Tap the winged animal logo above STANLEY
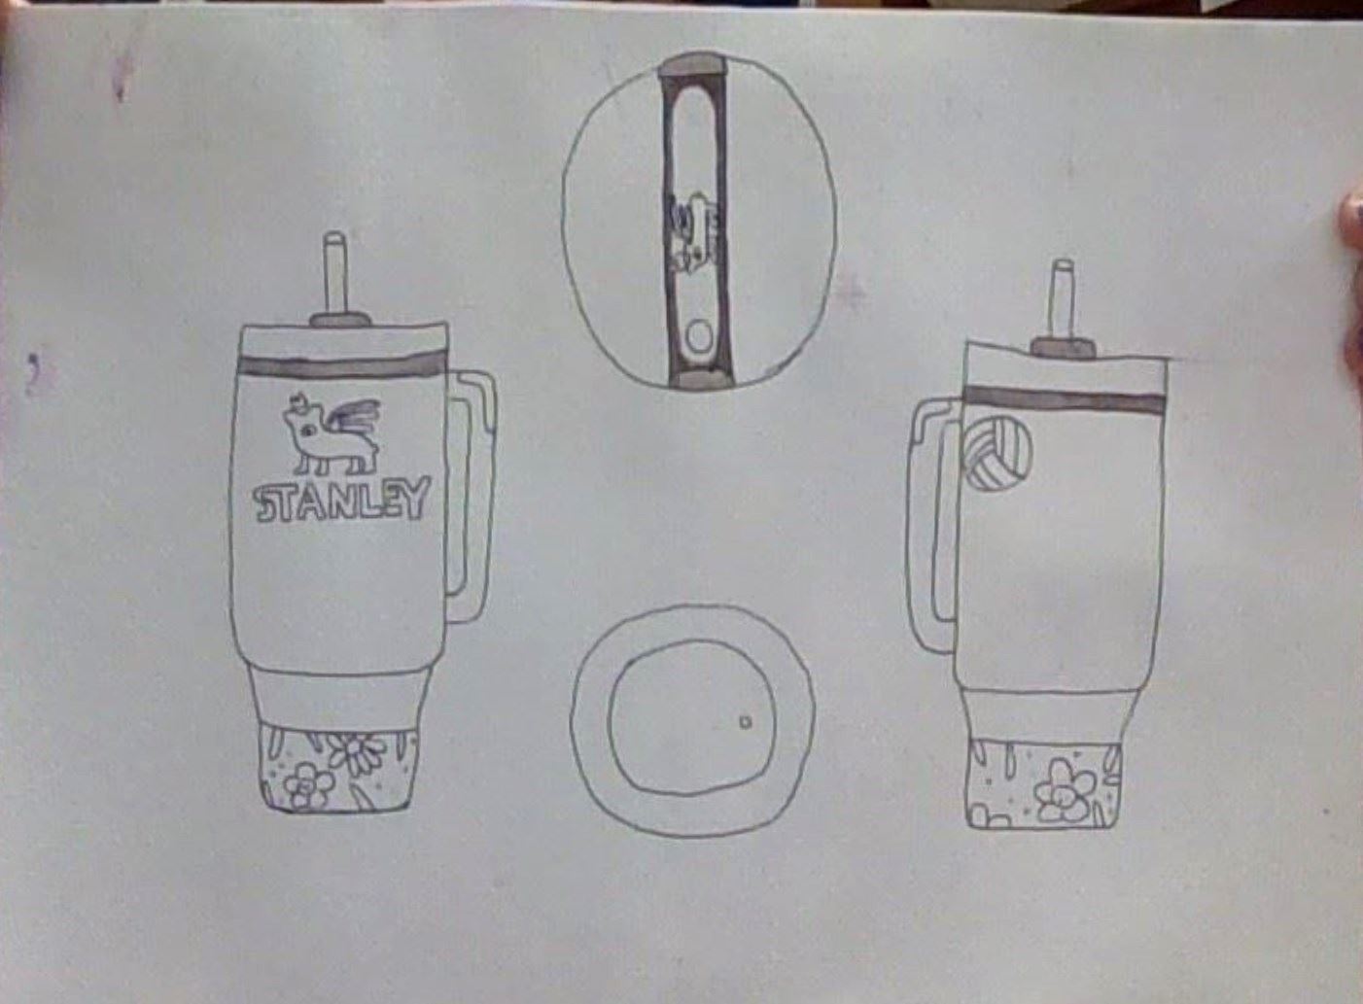pyautogui.click(x=332, y=433)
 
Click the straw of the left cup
pyautogui.click(x=334, y=274)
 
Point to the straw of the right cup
pyautogui.click(x=1063, y=301)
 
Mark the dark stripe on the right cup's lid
pyautogui.click(x=1065, y=399)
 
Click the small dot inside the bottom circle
pyautogui.click(x=746, y=722)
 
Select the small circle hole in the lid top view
pyautogui.click(x=698, y=338)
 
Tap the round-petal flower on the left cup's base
pyautogui.click(x=308, y=786)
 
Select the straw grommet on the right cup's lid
pyautogui.click(x=1063, y=348)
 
